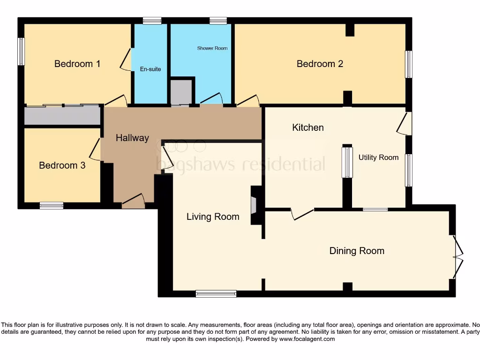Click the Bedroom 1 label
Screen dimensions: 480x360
77,64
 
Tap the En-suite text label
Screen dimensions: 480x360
150,69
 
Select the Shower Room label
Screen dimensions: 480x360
212,48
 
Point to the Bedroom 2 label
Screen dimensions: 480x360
320,64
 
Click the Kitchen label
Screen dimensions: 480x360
308,127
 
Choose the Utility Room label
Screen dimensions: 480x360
378,157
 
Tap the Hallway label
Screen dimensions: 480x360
132,138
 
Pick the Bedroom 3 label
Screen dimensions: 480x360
62,165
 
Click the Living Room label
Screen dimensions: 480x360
213,217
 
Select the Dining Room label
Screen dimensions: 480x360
357,251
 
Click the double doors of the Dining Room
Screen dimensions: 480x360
457,256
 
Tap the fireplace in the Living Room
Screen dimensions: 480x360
254,205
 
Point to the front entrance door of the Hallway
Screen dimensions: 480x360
134,201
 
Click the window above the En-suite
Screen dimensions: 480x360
152,21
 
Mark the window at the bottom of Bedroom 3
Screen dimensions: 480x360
52,205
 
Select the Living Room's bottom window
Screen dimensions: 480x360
216,293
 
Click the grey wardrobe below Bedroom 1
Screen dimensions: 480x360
62,115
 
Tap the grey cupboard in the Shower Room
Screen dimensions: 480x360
181,92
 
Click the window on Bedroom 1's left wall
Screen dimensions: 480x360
21,52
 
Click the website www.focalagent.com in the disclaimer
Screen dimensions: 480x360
307,339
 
